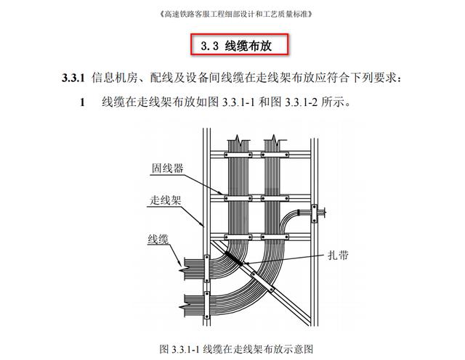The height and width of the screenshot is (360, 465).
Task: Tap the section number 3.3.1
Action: tap(73, 78)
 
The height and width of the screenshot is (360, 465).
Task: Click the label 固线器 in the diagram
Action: tap(167, 168)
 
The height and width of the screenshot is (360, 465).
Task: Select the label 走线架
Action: tap(165, 200)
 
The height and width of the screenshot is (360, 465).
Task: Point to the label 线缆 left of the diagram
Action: tap(158, 239)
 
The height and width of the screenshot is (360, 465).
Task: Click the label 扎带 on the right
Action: tap(338, 255)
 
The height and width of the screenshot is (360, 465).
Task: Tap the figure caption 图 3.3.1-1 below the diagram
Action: tap(236, 349)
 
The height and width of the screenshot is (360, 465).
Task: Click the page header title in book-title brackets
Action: tap(236, 15)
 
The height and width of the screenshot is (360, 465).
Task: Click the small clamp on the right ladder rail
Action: tap(314, 213)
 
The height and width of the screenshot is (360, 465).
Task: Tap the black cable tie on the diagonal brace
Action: tap(233, 258)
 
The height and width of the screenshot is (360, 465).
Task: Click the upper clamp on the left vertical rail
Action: tap(206, 269)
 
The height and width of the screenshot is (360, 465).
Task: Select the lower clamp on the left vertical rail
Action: tap(206, 305)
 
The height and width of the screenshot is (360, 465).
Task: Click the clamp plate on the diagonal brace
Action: tap(262, 282)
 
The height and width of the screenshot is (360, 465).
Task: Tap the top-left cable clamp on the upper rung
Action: tap(238, 155)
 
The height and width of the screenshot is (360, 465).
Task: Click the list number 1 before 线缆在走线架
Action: tap(82, 102)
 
